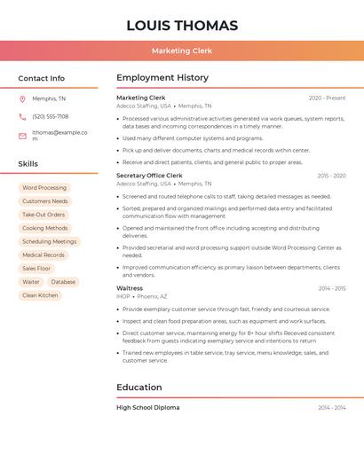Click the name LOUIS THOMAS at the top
(182, 26)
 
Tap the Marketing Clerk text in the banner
(182, 51)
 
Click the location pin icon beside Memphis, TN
(22, 98)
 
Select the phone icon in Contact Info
(22, 116)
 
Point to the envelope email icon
(22, 136)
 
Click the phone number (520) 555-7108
(50, 116)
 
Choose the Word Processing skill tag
(44, 188)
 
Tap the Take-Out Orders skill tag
(44, 215)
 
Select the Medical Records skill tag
(44, 255)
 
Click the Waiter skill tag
(31, 282)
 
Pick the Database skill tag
(63, 282)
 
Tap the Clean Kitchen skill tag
(40, 295)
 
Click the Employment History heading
(162, 78)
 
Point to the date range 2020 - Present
(327, 98)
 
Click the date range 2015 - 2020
(331, 176)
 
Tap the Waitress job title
(130, 288)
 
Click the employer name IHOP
(123, 296)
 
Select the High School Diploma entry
(147, 407)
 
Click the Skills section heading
(28, 164)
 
